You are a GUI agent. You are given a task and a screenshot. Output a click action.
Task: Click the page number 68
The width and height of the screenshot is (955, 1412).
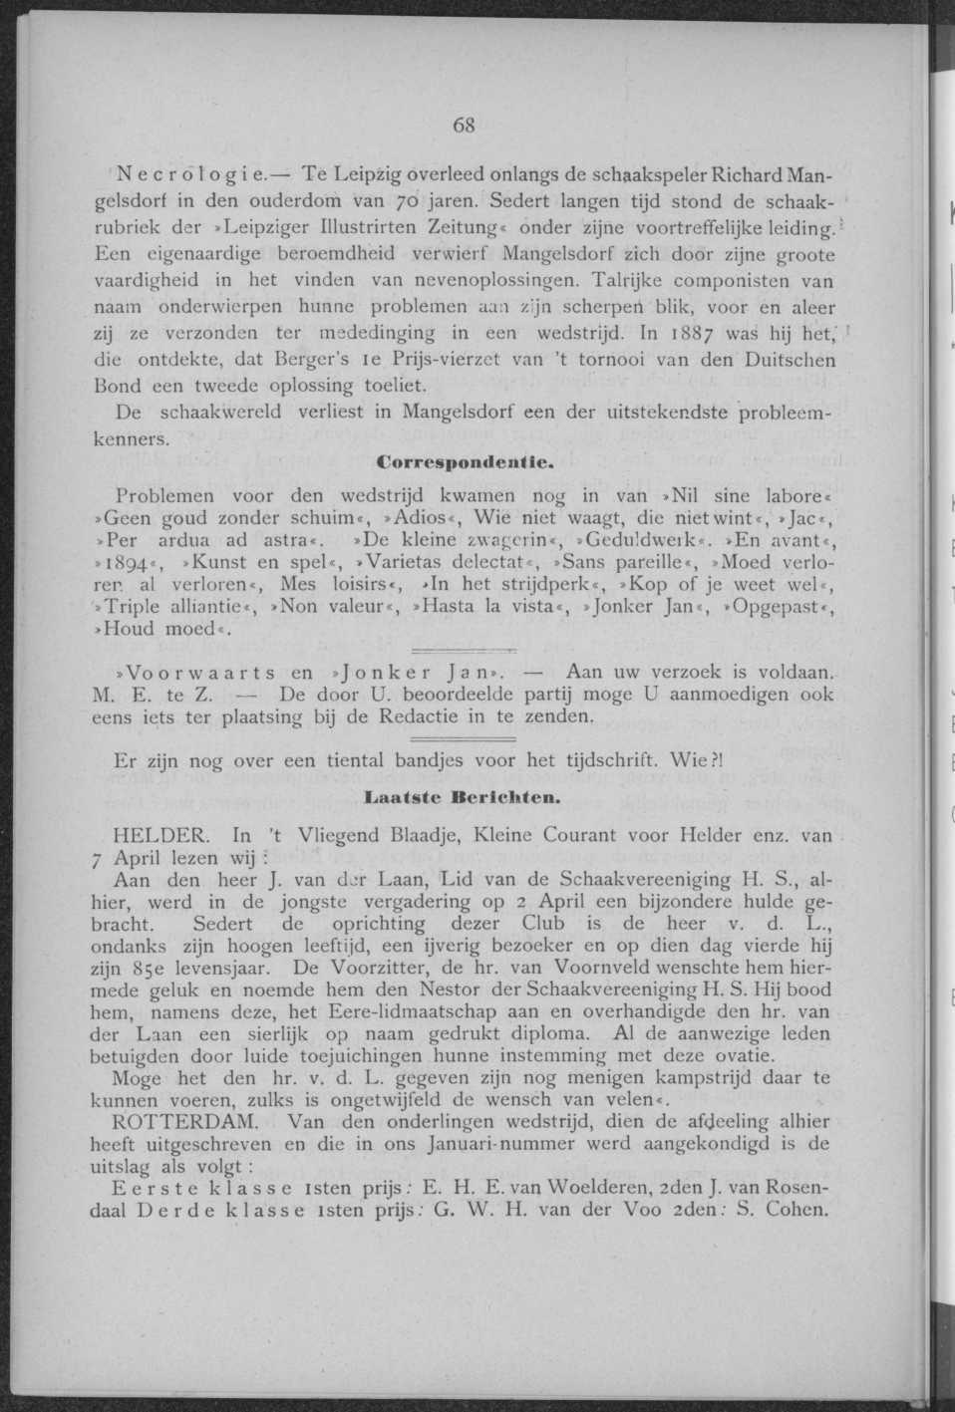pos(464,126)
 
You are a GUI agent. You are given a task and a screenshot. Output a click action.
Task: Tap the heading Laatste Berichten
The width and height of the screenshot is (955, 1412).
pos(464,796)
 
